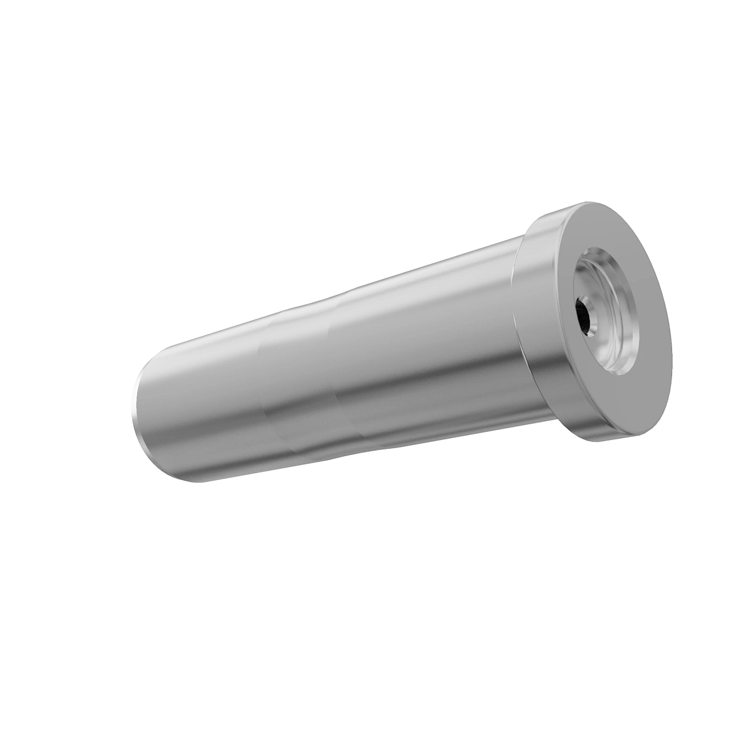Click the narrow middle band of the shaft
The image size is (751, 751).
click(300, 375)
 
